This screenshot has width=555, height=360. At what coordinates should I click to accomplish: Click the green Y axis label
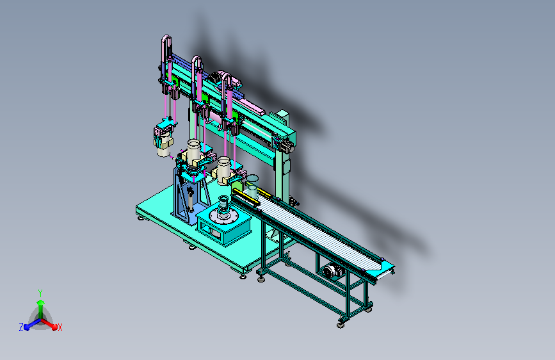pos(40,293)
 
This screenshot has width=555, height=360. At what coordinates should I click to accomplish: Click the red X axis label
pos(60,327)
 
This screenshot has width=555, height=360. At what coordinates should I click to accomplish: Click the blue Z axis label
pos(21,327)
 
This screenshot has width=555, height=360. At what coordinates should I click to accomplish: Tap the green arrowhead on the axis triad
pos(40,303)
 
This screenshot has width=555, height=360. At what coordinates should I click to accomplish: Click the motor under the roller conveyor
pos(333,271)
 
